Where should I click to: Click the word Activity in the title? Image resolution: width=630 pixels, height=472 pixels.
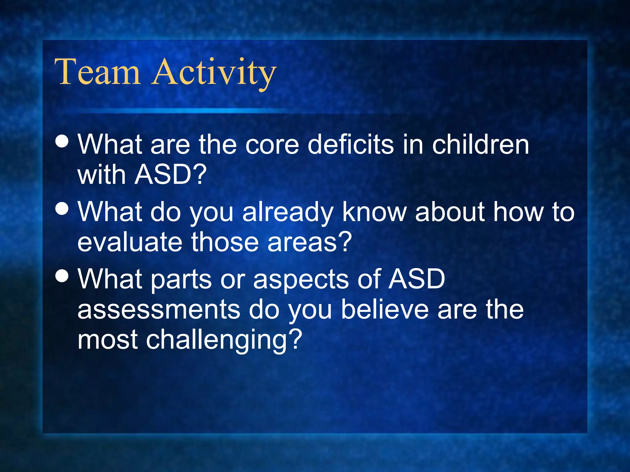point(214,73)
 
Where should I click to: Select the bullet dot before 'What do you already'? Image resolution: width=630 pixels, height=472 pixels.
point(62,209)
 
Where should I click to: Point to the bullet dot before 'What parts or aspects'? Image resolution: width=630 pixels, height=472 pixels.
point(62,275)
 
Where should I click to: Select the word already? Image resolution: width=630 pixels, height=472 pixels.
point(288,213)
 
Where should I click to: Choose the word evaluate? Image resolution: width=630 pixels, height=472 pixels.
point(130,242)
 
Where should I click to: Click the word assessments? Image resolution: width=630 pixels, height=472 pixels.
point(159,309)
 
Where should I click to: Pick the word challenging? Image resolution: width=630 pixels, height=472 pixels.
point(217,340)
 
